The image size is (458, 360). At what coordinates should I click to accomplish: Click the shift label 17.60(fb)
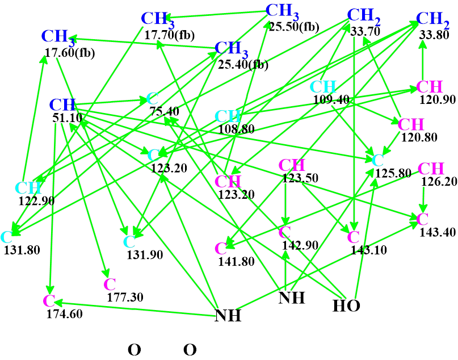[x=69, y=54]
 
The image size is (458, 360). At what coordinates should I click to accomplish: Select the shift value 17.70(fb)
[x=169, y=35]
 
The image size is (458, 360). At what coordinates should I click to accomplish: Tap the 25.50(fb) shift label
[x=294, y=26]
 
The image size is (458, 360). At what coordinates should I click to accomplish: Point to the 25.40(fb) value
[x=243, y=65]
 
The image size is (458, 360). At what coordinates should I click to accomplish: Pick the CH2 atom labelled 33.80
[x=432, y=19]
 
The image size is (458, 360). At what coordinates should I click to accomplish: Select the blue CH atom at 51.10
[x=62, y=105]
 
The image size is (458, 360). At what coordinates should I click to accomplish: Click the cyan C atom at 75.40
[x=152, y=98]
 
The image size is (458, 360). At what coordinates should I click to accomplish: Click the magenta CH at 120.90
[x=429, y=87]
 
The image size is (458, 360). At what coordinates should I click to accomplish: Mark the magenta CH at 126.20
[x=431, y=169]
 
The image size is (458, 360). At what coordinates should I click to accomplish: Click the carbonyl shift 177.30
[x=125, y=296]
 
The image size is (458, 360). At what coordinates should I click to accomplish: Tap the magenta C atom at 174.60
[x=49, y=300]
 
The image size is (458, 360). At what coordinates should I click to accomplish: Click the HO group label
[x=346, y=306]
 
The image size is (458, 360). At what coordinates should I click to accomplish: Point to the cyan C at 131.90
[x=129, y=242]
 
